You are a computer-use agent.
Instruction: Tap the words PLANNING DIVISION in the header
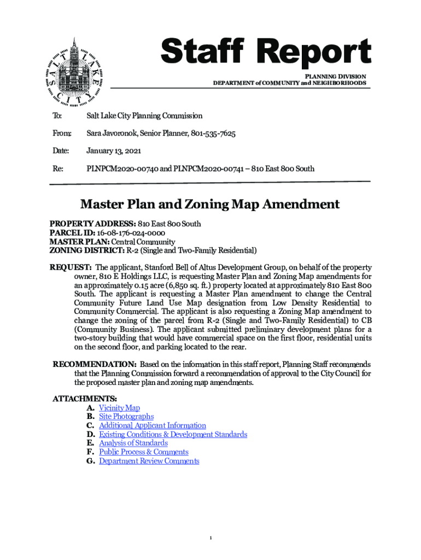pos(335,76)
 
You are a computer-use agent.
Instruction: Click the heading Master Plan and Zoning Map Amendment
pos(210,205)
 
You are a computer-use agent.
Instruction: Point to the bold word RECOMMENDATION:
pos(94,364)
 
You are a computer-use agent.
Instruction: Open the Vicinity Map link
pos(119,408)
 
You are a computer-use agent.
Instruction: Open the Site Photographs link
pos(126,417)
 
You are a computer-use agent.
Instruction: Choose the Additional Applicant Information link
pos(153,425)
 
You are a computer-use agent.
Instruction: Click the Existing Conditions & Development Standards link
pos(173,434)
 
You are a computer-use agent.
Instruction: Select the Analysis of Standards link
pos(133,443)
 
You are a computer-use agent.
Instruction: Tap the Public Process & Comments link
pos(143,452)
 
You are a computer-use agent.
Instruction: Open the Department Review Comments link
pos(149,461)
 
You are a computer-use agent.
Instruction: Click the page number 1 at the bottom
pos(210,539)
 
